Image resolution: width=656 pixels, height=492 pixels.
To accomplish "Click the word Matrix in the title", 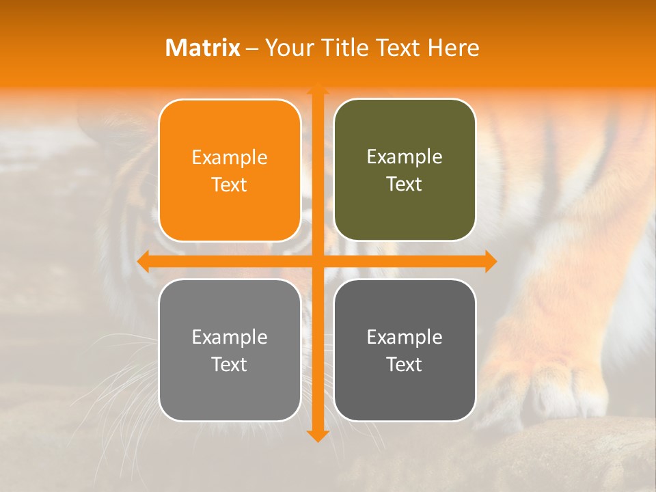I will pyautogui.click(x=203, y=48).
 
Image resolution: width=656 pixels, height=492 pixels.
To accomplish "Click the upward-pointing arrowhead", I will pyautogui.click(x=317, y=88).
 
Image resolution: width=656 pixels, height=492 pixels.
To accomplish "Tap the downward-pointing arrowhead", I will pyautogui.click(x=317, y=435).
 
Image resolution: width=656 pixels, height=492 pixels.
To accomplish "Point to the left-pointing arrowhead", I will pyautogui.click(x=143, y=261).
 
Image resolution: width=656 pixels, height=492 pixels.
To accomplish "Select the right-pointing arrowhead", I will pyautogui.click(x=491, y=261).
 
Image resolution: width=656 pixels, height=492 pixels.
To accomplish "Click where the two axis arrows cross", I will pyautogui.click(x=317, y=261).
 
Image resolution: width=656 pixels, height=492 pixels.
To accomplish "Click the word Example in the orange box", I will pyautogui.click(x=230, y=158).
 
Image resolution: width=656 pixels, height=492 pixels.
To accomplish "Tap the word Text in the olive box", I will pyautogui.click(x=405, y=184).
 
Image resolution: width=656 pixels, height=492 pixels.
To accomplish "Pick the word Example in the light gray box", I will pyautogui.click(x=230, y=338).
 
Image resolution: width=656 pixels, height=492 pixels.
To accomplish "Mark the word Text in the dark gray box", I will pyautogui.click(x=405, y=365).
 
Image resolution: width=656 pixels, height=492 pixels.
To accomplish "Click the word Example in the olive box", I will pyautogui.click(x=405, y=157).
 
